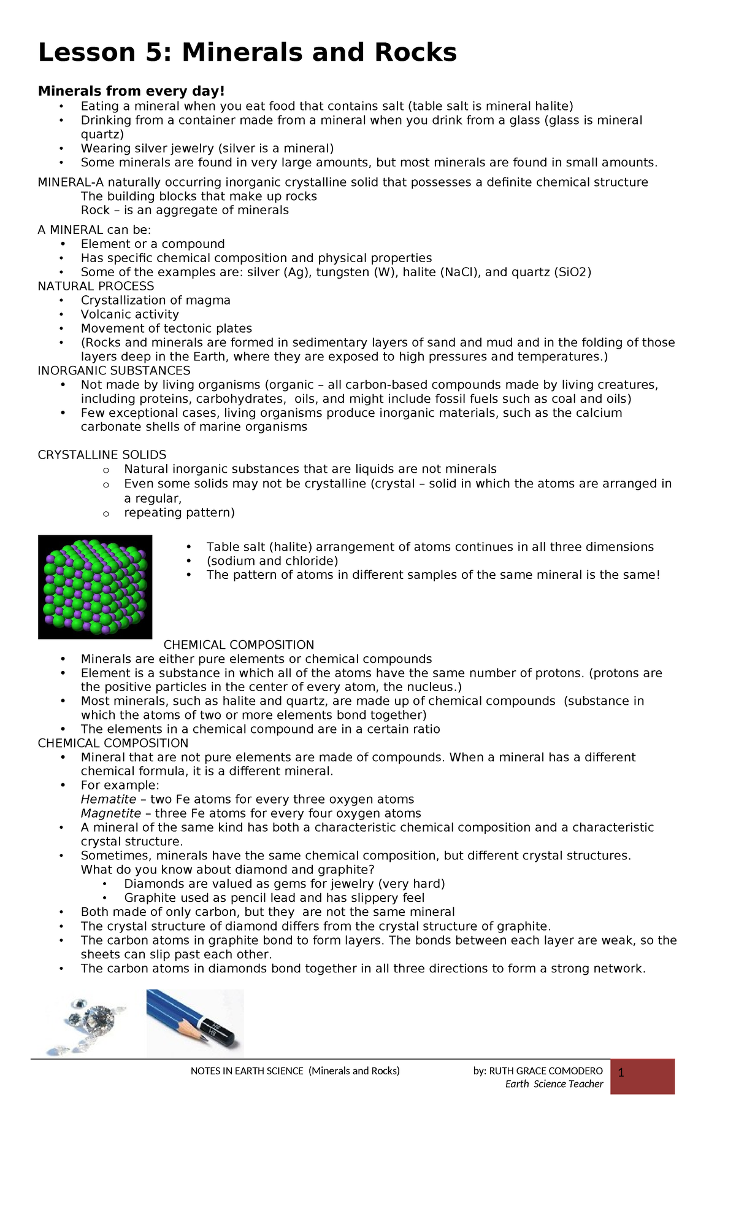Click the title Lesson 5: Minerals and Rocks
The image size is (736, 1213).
247,53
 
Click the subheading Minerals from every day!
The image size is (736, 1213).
131,91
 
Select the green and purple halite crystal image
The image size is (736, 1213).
95,587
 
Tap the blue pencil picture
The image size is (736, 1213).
195,1022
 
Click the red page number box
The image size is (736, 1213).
642,1077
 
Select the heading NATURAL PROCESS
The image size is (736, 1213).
96,287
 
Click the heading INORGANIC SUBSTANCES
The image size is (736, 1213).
113,371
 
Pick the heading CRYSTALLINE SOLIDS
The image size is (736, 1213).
102,455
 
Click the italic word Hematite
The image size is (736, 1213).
109,800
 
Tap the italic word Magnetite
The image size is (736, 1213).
111,814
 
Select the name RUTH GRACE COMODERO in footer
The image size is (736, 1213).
546,1071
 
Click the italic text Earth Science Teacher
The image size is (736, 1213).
554,1084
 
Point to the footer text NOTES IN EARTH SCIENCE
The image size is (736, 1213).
247,1071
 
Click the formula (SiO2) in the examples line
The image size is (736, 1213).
572,273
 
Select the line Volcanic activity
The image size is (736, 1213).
130,315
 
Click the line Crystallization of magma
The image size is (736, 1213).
156,301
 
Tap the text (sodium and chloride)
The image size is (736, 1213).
272,562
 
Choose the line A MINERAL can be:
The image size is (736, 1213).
85,230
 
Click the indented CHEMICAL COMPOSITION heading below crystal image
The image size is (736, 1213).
239,645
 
